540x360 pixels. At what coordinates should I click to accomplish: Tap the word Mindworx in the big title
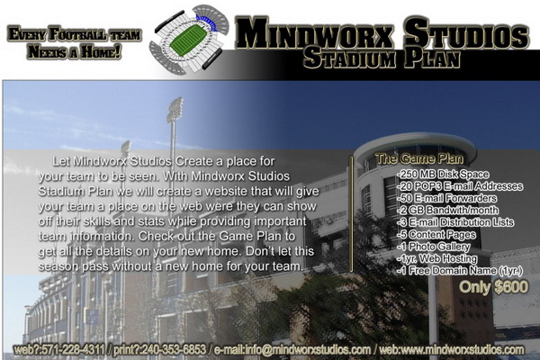click(314, 33)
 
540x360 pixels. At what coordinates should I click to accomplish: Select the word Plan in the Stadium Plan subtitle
click(432, 58)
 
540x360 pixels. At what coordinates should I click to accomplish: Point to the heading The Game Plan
click(419, 158)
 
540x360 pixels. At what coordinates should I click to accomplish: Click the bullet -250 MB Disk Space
click(443, 175)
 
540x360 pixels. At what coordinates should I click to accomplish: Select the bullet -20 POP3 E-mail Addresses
click(460, 186)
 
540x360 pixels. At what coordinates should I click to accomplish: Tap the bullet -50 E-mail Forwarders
click(446, 198)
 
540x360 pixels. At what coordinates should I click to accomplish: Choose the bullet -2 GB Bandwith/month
click(447, 210)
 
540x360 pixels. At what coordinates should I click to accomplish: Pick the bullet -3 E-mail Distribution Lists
click(455, 222)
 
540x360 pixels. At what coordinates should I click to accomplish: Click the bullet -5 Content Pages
click(436, 235)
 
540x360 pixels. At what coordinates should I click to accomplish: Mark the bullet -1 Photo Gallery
click(433, 247)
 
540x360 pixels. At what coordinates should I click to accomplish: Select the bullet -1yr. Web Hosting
click(437, 258)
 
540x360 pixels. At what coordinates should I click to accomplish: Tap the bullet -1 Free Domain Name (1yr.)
click(460, 270)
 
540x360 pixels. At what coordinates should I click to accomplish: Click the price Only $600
click(493, 287)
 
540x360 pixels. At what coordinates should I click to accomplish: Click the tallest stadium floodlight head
click(175, 110)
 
